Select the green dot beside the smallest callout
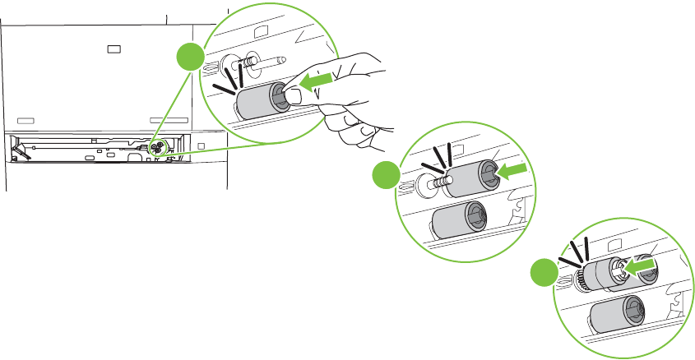tap(540, 273)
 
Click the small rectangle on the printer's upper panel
tap(114, 48)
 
